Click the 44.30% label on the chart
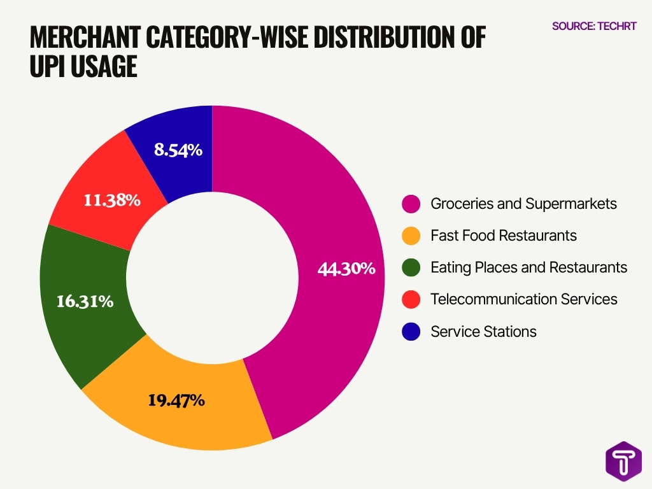point(346,269)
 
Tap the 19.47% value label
point(176,400)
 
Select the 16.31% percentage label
point(85,301)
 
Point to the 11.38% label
point(112,201)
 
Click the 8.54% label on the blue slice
point(178,150)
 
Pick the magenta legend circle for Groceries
point(411,204)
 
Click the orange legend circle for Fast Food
point(411,236)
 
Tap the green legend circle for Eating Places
point(411,267)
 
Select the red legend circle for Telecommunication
point(411,299)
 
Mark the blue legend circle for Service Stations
point(411,331)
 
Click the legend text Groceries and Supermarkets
point(523,204)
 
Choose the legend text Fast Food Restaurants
point(504,236)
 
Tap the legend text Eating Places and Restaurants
point(528,267)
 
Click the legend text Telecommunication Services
point(523,299)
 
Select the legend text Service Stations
point(483,331)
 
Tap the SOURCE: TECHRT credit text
point(593,26)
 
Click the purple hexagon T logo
point(623,460)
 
